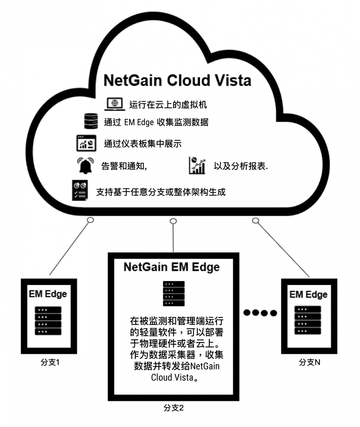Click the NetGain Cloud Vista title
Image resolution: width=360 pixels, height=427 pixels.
pos(177,80)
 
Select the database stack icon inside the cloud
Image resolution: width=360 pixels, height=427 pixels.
pos(91,121)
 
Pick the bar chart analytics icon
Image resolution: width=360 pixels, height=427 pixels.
pos(197,165)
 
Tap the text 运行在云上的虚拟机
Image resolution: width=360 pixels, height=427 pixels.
pos(168,105)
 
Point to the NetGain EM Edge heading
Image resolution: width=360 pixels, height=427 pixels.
pos(171,267)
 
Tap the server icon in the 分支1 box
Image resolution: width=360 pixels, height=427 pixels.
pos(48,321)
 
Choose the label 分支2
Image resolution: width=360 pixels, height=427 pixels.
pos(174,408)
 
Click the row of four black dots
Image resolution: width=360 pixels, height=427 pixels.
pos(260,312)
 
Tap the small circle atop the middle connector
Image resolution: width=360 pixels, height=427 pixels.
pos(173,221)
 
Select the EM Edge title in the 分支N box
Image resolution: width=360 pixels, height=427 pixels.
pos(308,294)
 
